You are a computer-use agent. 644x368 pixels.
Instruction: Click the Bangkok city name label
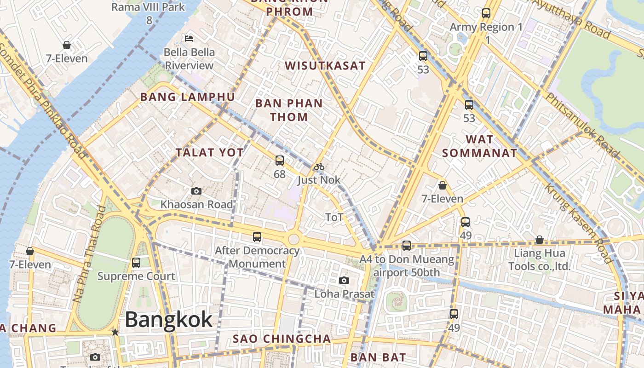coord(168,319)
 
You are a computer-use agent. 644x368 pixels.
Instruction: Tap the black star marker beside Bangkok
coord(115,332)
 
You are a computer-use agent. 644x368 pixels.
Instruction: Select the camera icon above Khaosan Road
coord(196,191)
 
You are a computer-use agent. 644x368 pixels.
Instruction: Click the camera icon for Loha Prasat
coord(344,280)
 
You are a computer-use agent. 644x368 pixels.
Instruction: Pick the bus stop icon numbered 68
coord(279,161)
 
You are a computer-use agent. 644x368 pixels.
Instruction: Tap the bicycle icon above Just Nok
coord(319,167)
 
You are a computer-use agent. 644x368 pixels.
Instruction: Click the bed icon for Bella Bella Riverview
coord(189,38)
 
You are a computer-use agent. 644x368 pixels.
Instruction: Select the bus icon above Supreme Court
coord(136,263)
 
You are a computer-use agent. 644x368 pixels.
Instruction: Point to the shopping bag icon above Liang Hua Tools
coord(539,240)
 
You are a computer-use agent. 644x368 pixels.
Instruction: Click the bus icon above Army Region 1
coord(486,13)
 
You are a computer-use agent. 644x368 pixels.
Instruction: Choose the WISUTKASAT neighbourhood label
coord(325,66)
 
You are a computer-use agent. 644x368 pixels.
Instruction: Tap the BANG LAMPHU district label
coord(187,97)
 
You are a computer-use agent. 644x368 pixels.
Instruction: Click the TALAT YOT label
coord(209,153)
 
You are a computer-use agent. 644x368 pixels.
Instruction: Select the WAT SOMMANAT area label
coord(480,146)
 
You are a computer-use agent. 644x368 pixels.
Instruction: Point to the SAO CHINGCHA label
coord(282,339)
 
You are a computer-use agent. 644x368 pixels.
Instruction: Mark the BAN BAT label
coord(378,357)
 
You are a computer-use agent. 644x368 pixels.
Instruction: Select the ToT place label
coord(334,217)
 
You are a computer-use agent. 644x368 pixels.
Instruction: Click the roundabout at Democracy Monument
coord(293,239)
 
